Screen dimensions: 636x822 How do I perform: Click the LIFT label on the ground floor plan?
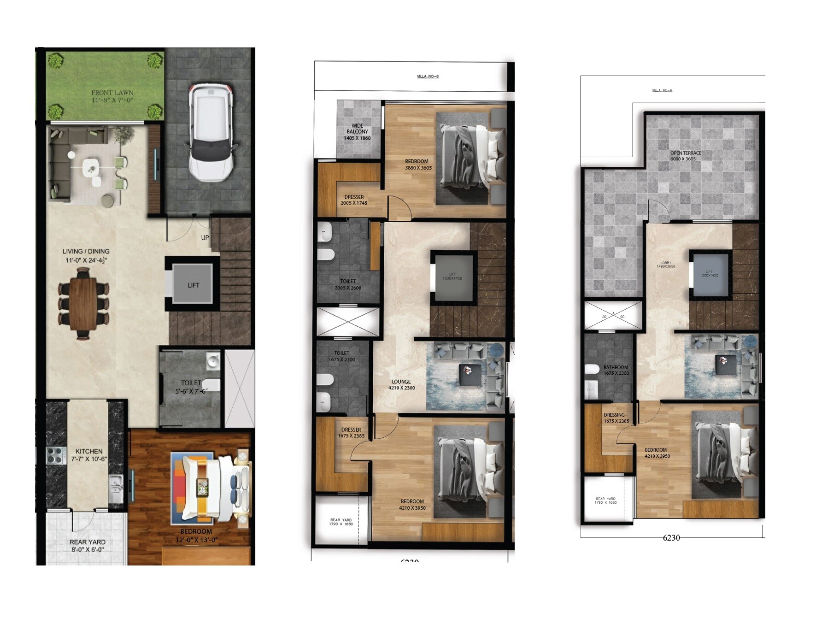coord(194,285)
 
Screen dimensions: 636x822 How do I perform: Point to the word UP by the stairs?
coord(205,238)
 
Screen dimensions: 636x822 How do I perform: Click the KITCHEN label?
coord(89,452)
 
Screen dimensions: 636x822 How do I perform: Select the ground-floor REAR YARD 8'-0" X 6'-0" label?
coord(88,546)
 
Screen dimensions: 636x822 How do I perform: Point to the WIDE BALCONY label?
coord(357,132)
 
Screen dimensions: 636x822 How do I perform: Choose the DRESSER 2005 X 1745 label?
coord(354,200)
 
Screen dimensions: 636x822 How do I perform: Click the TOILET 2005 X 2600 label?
coord(348,284)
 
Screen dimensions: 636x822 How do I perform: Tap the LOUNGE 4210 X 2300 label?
coord(401,385)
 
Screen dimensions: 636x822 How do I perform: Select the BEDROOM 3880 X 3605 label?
coord(417,165)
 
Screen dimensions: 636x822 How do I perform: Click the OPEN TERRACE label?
coord(686,156)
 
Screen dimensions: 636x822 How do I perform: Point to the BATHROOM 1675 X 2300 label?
coord(616,371)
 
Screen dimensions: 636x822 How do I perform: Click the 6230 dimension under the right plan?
coord(671,538)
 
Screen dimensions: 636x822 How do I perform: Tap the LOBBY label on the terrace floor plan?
coord(666,265)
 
